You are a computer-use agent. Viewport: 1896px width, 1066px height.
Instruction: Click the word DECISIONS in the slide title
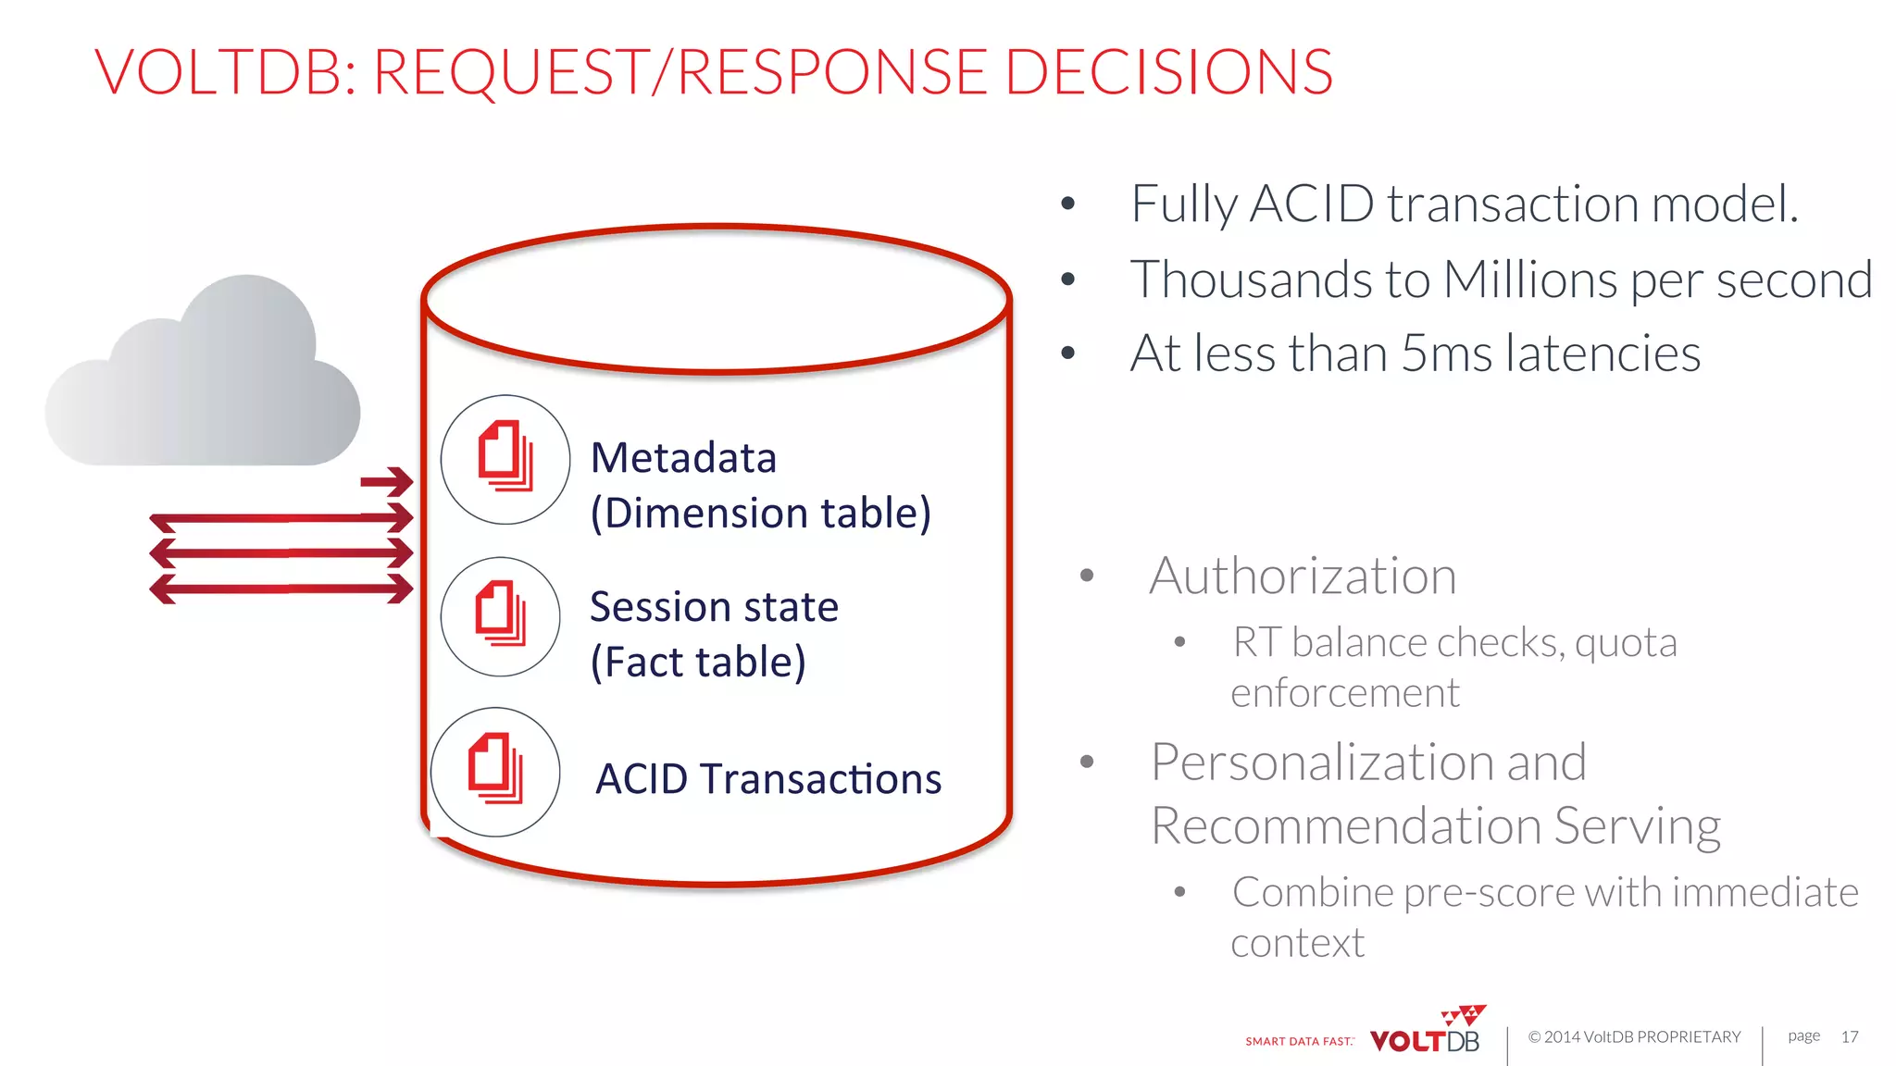coord(1168,72)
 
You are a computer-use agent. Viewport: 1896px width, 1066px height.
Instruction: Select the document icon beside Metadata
coord(505,459)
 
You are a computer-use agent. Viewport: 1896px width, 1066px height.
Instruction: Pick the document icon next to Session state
coord(501,616)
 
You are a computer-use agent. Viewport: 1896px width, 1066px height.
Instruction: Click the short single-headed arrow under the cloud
coord(387,481)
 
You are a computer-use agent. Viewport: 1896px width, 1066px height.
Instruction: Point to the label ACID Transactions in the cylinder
coord(768,779)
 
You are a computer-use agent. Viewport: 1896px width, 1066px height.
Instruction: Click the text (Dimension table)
coord(761,514)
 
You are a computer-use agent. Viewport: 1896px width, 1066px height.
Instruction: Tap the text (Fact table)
coord(699,663)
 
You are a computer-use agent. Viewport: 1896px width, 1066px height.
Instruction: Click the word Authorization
coord(1303,576)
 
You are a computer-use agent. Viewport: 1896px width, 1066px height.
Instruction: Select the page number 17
coord(1850,1036)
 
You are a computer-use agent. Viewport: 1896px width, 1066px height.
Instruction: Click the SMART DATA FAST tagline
coord(1299,1041)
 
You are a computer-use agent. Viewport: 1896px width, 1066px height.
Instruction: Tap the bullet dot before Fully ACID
coord(1068,204)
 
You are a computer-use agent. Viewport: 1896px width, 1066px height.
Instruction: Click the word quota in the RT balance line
coord(1626,643)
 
